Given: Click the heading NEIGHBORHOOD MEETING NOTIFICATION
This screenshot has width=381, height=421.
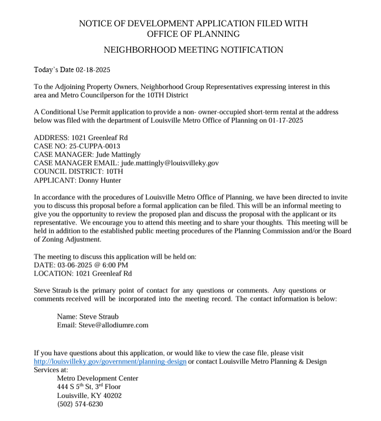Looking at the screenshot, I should coord(193,50).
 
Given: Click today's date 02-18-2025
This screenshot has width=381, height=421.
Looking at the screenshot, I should coord(93,70).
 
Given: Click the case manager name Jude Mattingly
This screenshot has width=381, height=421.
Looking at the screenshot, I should coord(120,154).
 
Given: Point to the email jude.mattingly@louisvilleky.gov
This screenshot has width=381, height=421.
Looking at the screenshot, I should coord(170,163).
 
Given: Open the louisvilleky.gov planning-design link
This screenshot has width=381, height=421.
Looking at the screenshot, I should coord(110,361).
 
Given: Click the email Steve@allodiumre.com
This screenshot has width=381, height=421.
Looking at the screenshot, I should coord(113,325).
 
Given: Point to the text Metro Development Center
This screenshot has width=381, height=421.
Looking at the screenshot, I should coord(97,378).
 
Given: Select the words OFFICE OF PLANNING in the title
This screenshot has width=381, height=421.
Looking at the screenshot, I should coord(193,34).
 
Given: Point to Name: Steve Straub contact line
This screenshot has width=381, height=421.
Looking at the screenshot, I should coord(87,316).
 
